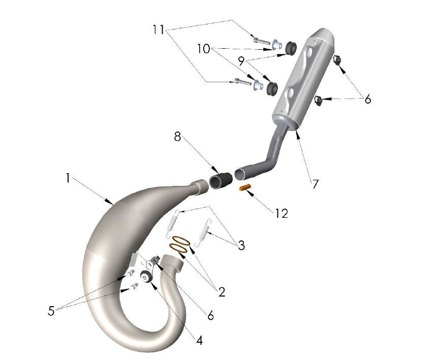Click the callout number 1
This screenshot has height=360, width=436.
coord(67,178)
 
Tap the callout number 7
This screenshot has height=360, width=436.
coord(315,184)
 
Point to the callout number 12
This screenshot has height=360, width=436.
coord(281,213)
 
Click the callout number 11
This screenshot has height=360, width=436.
coord(159,30)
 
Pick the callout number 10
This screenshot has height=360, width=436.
coord(204,49)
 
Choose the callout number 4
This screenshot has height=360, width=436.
coord(199,340)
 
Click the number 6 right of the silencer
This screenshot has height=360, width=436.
coord(367,99)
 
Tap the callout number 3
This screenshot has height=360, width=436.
coord(241,246)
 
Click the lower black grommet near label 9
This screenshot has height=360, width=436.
coord(271,87)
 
